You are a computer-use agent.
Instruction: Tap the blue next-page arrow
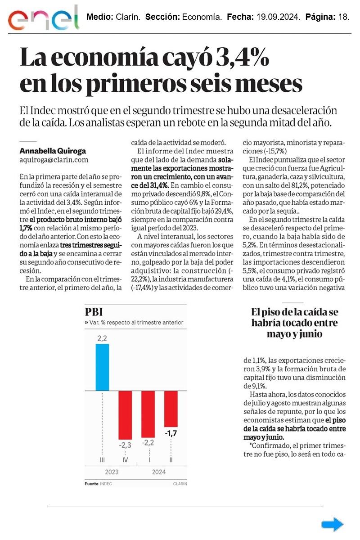coord(333,524)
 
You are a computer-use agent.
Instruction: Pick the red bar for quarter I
coord(148,414)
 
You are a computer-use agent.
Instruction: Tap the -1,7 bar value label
coord(171,434)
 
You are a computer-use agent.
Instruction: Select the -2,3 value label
coord(125,445)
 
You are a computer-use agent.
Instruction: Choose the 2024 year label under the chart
coord(158,472)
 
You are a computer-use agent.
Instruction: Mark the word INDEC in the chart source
coord(106,484)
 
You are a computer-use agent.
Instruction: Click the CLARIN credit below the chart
coord(180,484)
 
